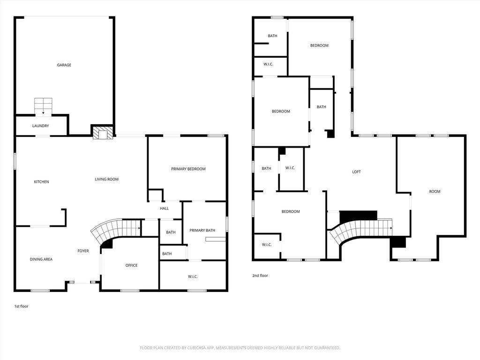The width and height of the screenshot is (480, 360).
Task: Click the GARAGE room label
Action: point(64,65)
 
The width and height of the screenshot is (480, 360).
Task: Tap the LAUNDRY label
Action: point(40,126)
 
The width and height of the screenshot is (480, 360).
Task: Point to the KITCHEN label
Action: point(41,182)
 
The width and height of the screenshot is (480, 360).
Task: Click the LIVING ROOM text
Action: point(106,180)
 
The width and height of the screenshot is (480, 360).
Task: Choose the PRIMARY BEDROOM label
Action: point(188,169)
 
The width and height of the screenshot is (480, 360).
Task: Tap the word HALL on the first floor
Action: point(165,209)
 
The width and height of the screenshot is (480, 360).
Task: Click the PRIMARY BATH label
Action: point(202,231)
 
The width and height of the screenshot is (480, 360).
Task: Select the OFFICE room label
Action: point(131,265)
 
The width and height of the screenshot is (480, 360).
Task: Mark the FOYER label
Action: point(83,251)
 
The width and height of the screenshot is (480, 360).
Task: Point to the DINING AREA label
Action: point(41,259)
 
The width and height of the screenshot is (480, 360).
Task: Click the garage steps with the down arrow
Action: point(43,106)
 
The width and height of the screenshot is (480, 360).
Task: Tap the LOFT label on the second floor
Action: point(356,172)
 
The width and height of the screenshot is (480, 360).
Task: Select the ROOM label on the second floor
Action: point(435,192)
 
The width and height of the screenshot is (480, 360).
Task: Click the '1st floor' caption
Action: point(22,306)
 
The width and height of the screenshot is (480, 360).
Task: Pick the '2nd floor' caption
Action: point(260,276)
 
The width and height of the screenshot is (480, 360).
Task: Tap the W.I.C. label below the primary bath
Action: point(193,277)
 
